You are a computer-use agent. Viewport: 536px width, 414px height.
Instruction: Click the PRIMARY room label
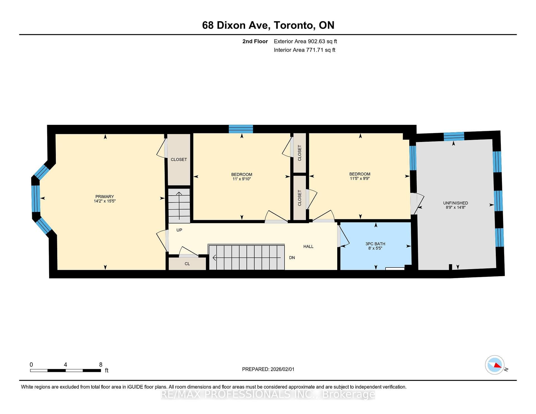pyautogui.click(x=105, y=196)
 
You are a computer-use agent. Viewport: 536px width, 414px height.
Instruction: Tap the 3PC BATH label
pyautogui.click(x=375, y=244)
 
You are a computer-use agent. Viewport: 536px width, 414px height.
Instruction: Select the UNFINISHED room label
pyautogui.click(x=455, y=203)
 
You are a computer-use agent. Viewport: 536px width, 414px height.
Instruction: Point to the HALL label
pyautogui.click(x=308, y=247)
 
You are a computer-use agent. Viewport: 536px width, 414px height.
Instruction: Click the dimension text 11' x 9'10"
pyautogui.click(x=242, y=179)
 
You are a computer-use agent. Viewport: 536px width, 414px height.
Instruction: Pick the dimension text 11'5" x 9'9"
pyautogui.click(x=360, y=178)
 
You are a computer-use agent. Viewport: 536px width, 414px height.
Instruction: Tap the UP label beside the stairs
pyautogui.click(x=179, y=230)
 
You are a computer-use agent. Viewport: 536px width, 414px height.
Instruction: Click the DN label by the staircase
pyautogui.click(x=292, y=258)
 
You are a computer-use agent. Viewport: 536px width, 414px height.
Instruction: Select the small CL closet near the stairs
pyautogui.click(x=187, y=264)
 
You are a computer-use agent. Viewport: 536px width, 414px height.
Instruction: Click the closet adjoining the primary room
pyautogui.click(x=179, y=160)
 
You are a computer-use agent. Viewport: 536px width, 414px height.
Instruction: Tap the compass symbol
pyautogui.click(x=495, y=365)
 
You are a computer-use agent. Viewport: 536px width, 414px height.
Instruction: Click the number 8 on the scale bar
pyautogui.click(x=101, y=365)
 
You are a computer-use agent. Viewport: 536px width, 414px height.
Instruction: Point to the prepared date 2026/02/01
pyautogui.click(x=282, y=369)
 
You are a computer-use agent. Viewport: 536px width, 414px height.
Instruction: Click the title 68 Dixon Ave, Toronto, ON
pyautogui.click(x=268, y=25)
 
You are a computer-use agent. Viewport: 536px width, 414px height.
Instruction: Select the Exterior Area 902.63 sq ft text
pyautogui.click(x=305, y=41)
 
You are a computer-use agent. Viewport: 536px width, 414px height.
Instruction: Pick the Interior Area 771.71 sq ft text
pyautogui.click(x=305, y=50)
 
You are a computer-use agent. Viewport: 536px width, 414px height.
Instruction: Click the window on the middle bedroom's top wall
pyautogui.click(x=241, y=129)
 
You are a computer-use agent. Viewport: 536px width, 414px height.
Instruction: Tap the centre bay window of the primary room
pyautogui.click(x=36, y=198)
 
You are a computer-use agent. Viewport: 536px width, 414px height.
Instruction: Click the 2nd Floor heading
pyautogui.click(x=255, y=41)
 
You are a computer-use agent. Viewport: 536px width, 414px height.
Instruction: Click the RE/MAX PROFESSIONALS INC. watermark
pyautogui.click(x=268, y=394)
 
